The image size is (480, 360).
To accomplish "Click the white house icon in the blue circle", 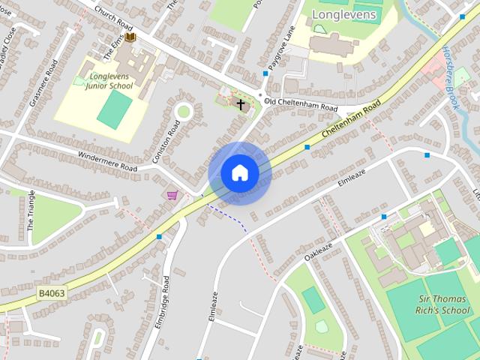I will [239, 173].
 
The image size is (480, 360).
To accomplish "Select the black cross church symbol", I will [241, 104].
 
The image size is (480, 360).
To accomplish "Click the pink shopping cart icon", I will [172, 196].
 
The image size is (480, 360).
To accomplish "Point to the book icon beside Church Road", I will [130, 37].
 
